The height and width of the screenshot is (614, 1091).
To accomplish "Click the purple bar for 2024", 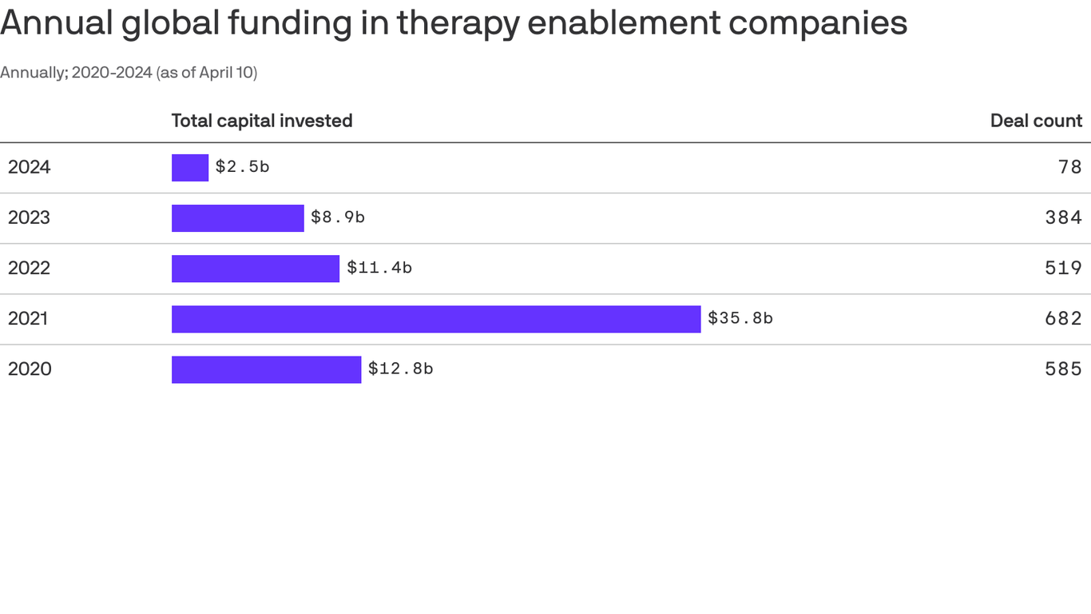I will tap(190, 168).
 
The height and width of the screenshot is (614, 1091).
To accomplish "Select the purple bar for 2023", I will tap(238, 218).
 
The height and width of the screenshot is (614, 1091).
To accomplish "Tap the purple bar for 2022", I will tap(256, 269).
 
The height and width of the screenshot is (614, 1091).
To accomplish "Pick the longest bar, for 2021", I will tap(436, 319).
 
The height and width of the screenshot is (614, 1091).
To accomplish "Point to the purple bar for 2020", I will tap(266, 369).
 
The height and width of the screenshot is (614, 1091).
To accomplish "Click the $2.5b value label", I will tap(242, 167).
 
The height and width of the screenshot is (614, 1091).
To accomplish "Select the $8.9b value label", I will tap(338, 217).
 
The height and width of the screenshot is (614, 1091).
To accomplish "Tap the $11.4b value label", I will tap(379, 268).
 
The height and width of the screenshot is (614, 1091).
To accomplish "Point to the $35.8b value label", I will tap(740, 318).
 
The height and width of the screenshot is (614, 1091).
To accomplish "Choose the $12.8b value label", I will tap(400, 369).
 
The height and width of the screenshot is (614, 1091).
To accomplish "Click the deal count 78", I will tap(1070, 167).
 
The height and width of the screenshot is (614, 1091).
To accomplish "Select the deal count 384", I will tap(1064, 217).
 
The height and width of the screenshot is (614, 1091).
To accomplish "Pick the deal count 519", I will tap(1064, 268).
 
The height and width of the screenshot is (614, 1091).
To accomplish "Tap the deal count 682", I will tap(1064, 318).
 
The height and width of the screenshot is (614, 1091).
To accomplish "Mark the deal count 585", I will tap(1064, 369).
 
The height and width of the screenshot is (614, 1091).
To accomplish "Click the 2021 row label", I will tap(29, 319).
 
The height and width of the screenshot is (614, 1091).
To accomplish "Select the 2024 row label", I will tap(30, 167).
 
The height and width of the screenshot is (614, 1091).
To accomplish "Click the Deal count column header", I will tap(1036, 121).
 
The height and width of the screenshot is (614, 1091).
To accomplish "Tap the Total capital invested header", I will tap(262, 121).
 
